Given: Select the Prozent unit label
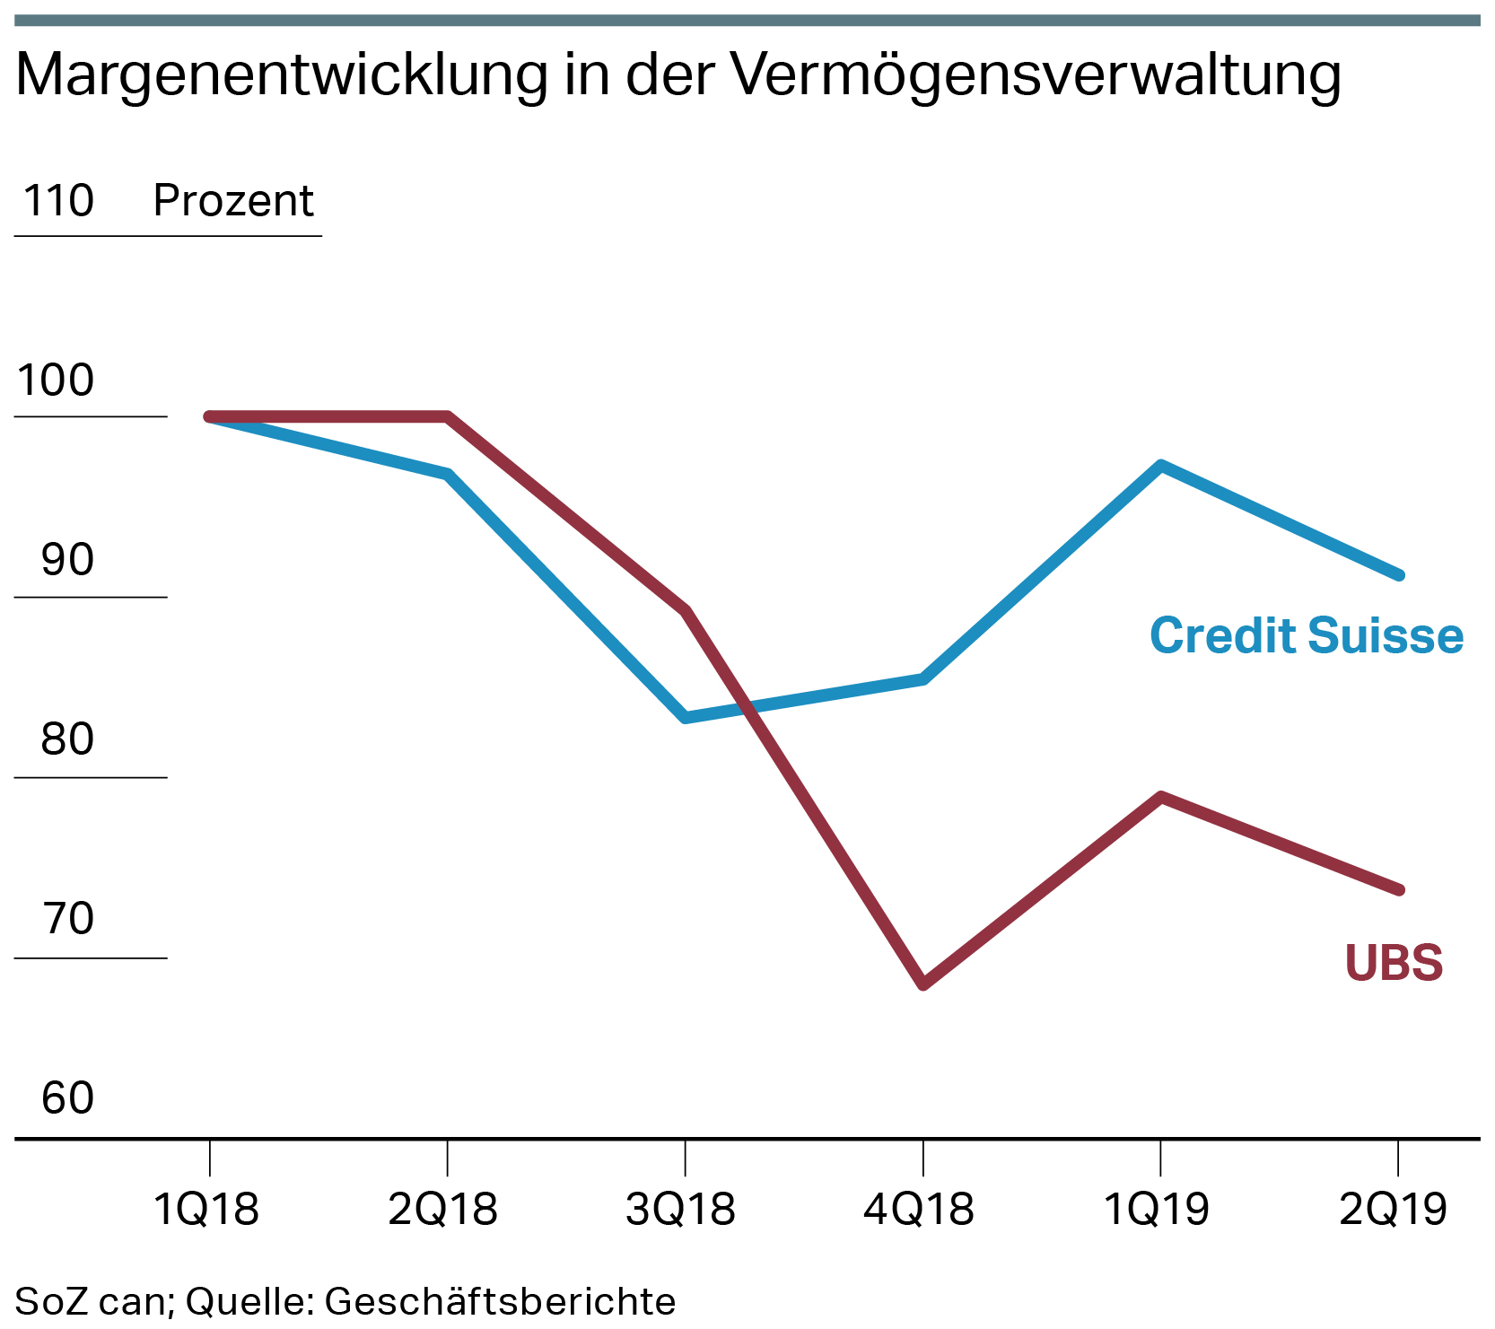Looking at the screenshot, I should coord(233,200).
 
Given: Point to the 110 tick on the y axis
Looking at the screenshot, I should coord(58,200).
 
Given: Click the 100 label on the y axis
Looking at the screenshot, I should coord(56,380).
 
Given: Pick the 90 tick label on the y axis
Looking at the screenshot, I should coord(67,560).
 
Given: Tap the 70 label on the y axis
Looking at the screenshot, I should coord(67,919).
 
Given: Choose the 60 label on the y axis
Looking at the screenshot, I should coord(67,1098).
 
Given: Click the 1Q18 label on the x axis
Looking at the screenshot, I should coord(206,1210).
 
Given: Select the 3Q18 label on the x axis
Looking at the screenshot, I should coord(681,1210).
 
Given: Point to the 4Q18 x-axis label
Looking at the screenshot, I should coord(919,1210).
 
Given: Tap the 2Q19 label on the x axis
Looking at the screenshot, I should coord(1394,1210).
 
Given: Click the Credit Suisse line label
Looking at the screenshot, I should coord(1307,636).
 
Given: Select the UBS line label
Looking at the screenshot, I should coord(1394,963).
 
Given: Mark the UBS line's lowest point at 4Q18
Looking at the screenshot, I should coord(923,984).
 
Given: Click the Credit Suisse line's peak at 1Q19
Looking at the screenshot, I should coord(1161,466).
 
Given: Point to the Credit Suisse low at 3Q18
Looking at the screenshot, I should coord(686,717).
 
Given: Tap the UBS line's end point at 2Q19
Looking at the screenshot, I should coord(1398,889).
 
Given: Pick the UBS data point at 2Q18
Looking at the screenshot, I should coord(447,416).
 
